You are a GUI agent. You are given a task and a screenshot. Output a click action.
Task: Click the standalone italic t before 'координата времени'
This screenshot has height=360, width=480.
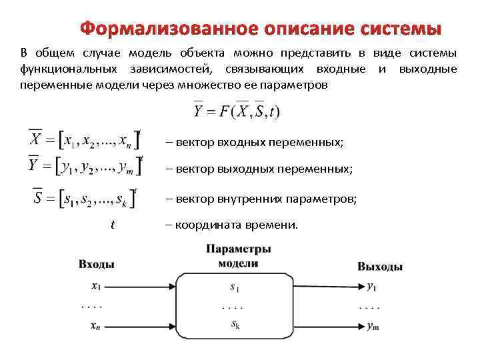pyautogui.click(x=113, y=225)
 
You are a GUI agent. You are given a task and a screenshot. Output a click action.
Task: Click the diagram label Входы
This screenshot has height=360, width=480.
pyautogui.click(x=97, y=264)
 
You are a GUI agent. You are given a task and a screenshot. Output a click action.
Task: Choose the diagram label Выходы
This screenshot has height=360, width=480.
pyautogui.click(x=380, y=267)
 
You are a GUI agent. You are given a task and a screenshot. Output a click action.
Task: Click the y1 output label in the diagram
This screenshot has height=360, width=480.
pyautogui.click(x=371, y=287)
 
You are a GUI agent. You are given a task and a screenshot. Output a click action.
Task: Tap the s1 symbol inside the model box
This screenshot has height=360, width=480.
pyautogui.click(x=235, y=288)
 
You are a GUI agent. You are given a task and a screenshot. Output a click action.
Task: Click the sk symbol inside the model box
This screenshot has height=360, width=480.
pyautogui.click(x=235, y=325)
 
